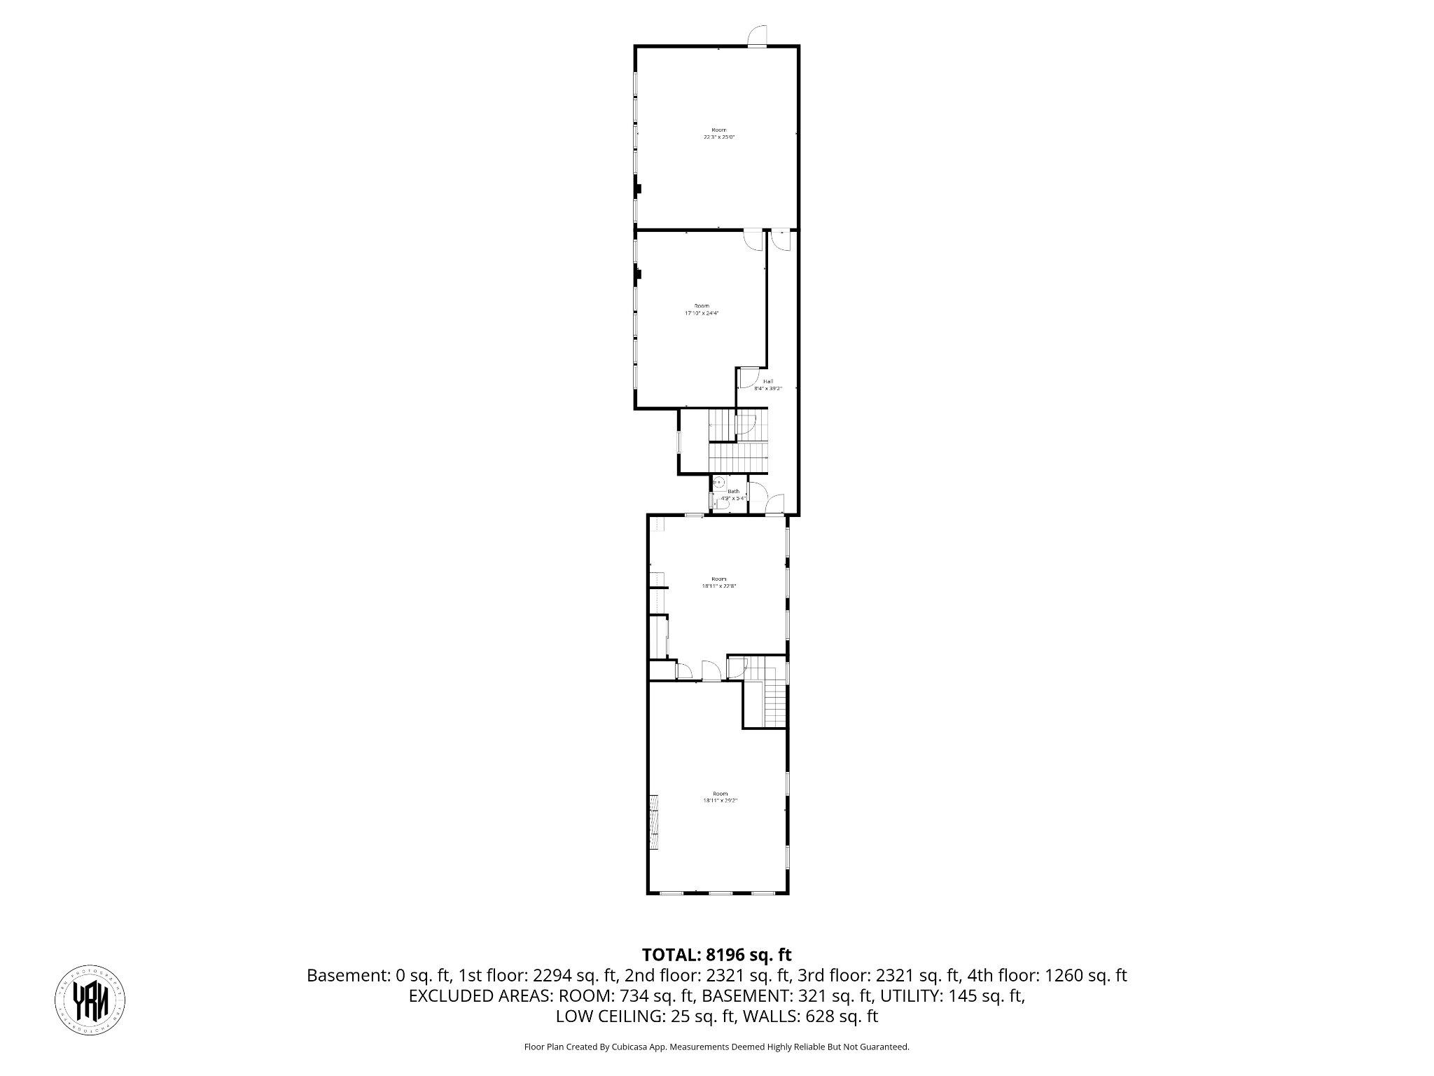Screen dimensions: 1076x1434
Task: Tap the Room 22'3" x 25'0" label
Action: [719, 134]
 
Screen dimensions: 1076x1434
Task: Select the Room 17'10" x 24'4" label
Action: [702, 310]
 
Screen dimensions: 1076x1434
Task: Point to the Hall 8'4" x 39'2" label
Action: [768, 385]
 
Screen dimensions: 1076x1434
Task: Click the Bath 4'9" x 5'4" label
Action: [733, 495]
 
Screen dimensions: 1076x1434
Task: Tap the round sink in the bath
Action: [718, 482]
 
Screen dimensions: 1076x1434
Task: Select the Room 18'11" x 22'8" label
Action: [719, 582]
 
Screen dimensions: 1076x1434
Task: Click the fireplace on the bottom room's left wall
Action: [654, 822]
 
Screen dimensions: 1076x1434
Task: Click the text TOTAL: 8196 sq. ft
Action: [716, 954]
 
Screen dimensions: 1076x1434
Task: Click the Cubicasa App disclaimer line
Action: [716, 1047]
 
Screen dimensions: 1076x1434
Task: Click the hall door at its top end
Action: [779, 240]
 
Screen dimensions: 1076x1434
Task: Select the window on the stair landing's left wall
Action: [678, 442]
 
